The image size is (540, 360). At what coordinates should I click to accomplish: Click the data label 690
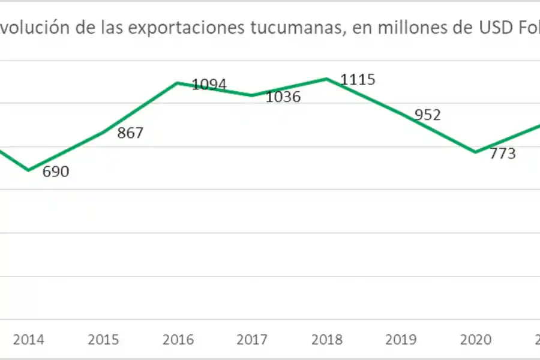coord(56,172)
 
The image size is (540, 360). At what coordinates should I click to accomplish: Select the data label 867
coord(130,133)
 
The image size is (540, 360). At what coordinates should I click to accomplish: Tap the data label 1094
coord(209,85)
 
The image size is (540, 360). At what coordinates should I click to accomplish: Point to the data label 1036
coord(283,97)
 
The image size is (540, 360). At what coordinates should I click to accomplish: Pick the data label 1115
coord(358,79)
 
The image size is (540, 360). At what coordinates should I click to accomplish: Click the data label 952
coord(428,115)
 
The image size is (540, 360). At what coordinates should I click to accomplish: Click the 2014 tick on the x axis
coord(28,340)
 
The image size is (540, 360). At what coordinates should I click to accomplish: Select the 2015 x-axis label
coord(103,340)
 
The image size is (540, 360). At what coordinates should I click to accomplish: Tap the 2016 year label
coord(178,340)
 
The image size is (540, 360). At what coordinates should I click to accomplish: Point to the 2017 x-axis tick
coord(252,340)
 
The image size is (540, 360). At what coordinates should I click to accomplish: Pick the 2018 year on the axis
coord(326,340)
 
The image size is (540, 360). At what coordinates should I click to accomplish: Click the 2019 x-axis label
coord(401,340)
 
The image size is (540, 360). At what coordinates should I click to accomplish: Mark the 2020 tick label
coord(475,340)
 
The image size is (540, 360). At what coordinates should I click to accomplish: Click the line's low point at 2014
coord(28,170)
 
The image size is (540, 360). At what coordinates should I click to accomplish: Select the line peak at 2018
coord(326,79)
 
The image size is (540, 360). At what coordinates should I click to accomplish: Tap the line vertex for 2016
coord(178,83)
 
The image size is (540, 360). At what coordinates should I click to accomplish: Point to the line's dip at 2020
coord(475,152)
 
